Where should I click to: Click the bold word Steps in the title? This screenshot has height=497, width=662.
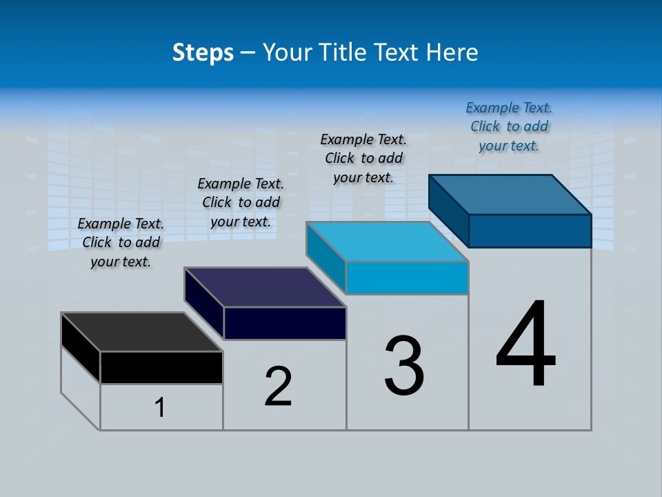click(203, 52)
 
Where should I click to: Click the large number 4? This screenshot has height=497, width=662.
click(525, 345)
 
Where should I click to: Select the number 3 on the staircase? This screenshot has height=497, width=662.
click(404, 366)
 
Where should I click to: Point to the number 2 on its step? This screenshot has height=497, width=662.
click(279, 387)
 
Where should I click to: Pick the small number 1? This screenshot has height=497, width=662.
click(160, 408)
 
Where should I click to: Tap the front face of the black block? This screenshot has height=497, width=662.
click(161, 367)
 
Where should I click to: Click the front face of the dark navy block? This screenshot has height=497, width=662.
click(285, 323)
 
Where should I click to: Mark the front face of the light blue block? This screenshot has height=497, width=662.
click(407, 277)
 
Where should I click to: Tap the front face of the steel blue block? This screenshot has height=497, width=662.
click(530, 231)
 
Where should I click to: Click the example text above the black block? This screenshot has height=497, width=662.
click(121, 243)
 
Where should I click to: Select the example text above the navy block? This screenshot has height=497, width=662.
click(241, 203)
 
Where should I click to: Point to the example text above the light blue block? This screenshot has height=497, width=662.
click(363, 158)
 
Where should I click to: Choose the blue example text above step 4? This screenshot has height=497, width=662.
click(509, 126)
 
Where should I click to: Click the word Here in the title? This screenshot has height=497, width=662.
click(452, 52)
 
